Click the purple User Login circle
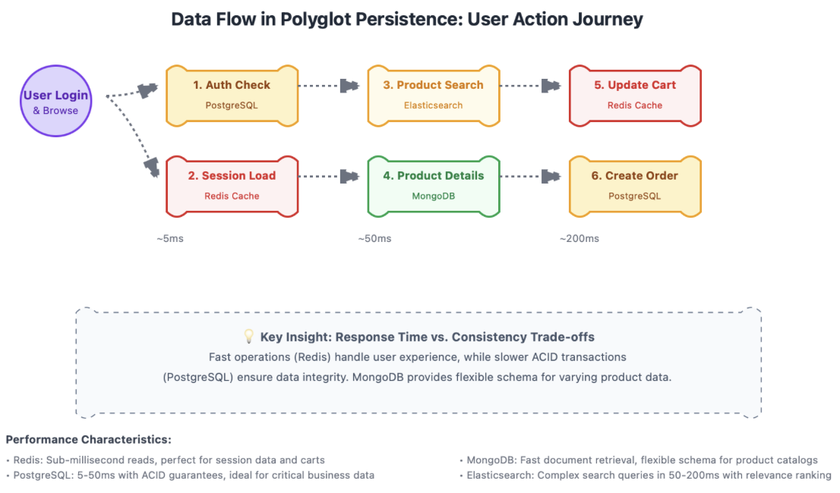pos(55,101)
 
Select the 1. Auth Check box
pos(232,95)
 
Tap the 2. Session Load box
pos(232,186)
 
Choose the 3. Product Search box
pos(433,95)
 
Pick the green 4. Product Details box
pos(433,186)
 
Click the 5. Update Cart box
pos(635,95)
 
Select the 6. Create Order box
pos(635,186)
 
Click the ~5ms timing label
pos(170,239)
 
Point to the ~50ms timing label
pos(374,239)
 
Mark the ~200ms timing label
pos(579,239)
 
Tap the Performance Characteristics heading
pos(88,440)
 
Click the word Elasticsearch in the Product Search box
pos(433,105)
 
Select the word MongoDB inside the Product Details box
pos(433,196)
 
